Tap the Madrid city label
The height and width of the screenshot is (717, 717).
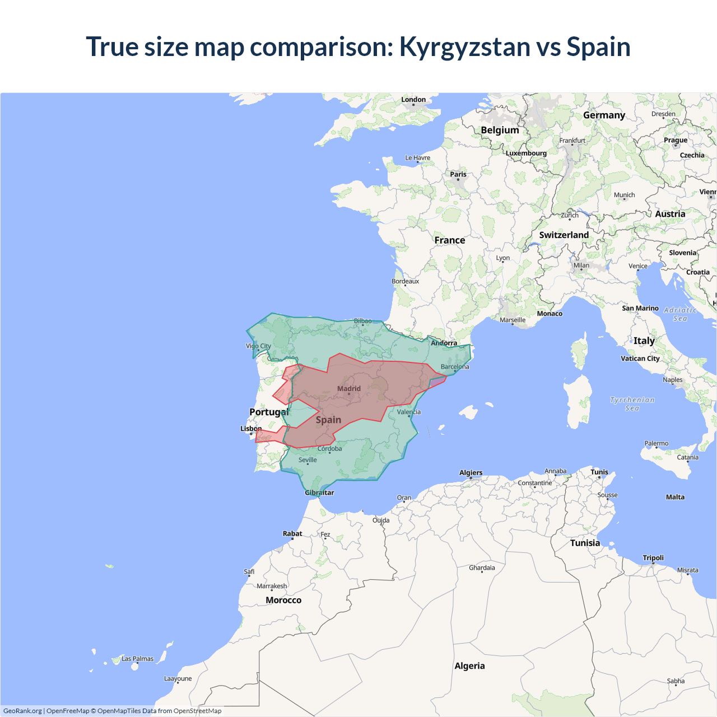[x=349, y=389]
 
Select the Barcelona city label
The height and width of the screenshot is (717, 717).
[x=455, y=367]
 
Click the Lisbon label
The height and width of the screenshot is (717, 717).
[x=251, y=429]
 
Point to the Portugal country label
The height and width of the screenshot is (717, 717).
[x=269, y=412]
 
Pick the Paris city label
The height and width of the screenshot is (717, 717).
[x=458, y=174]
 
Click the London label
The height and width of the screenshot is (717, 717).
[x=413, y=100]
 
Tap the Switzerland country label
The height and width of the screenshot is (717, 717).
[x=564, y=235]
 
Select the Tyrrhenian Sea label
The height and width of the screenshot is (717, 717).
[x=632, y=404]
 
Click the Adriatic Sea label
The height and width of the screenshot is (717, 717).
[x=680, y=314]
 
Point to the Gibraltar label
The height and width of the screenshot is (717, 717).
[x=319, y=493]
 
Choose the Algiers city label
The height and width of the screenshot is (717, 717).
[x=471, y=473]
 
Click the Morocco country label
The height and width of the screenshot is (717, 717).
[x=283, y=600]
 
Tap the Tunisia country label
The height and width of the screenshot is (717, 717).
[x=585, y=543]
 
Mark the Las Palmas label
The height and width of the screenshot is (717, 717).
[x=137, y=659]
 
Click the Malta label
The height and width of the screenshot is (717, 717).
[x=675, y=497]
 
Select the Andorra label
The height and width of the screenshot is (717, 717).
[x=444, y=343]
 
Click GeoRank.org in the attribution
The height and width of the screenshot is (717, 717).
[x=22, y=711]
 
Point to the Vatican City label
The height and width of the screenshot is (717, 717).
[x=640, y=358]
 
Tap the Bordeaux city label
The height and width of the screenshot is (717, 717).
[x=405, y=281]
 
